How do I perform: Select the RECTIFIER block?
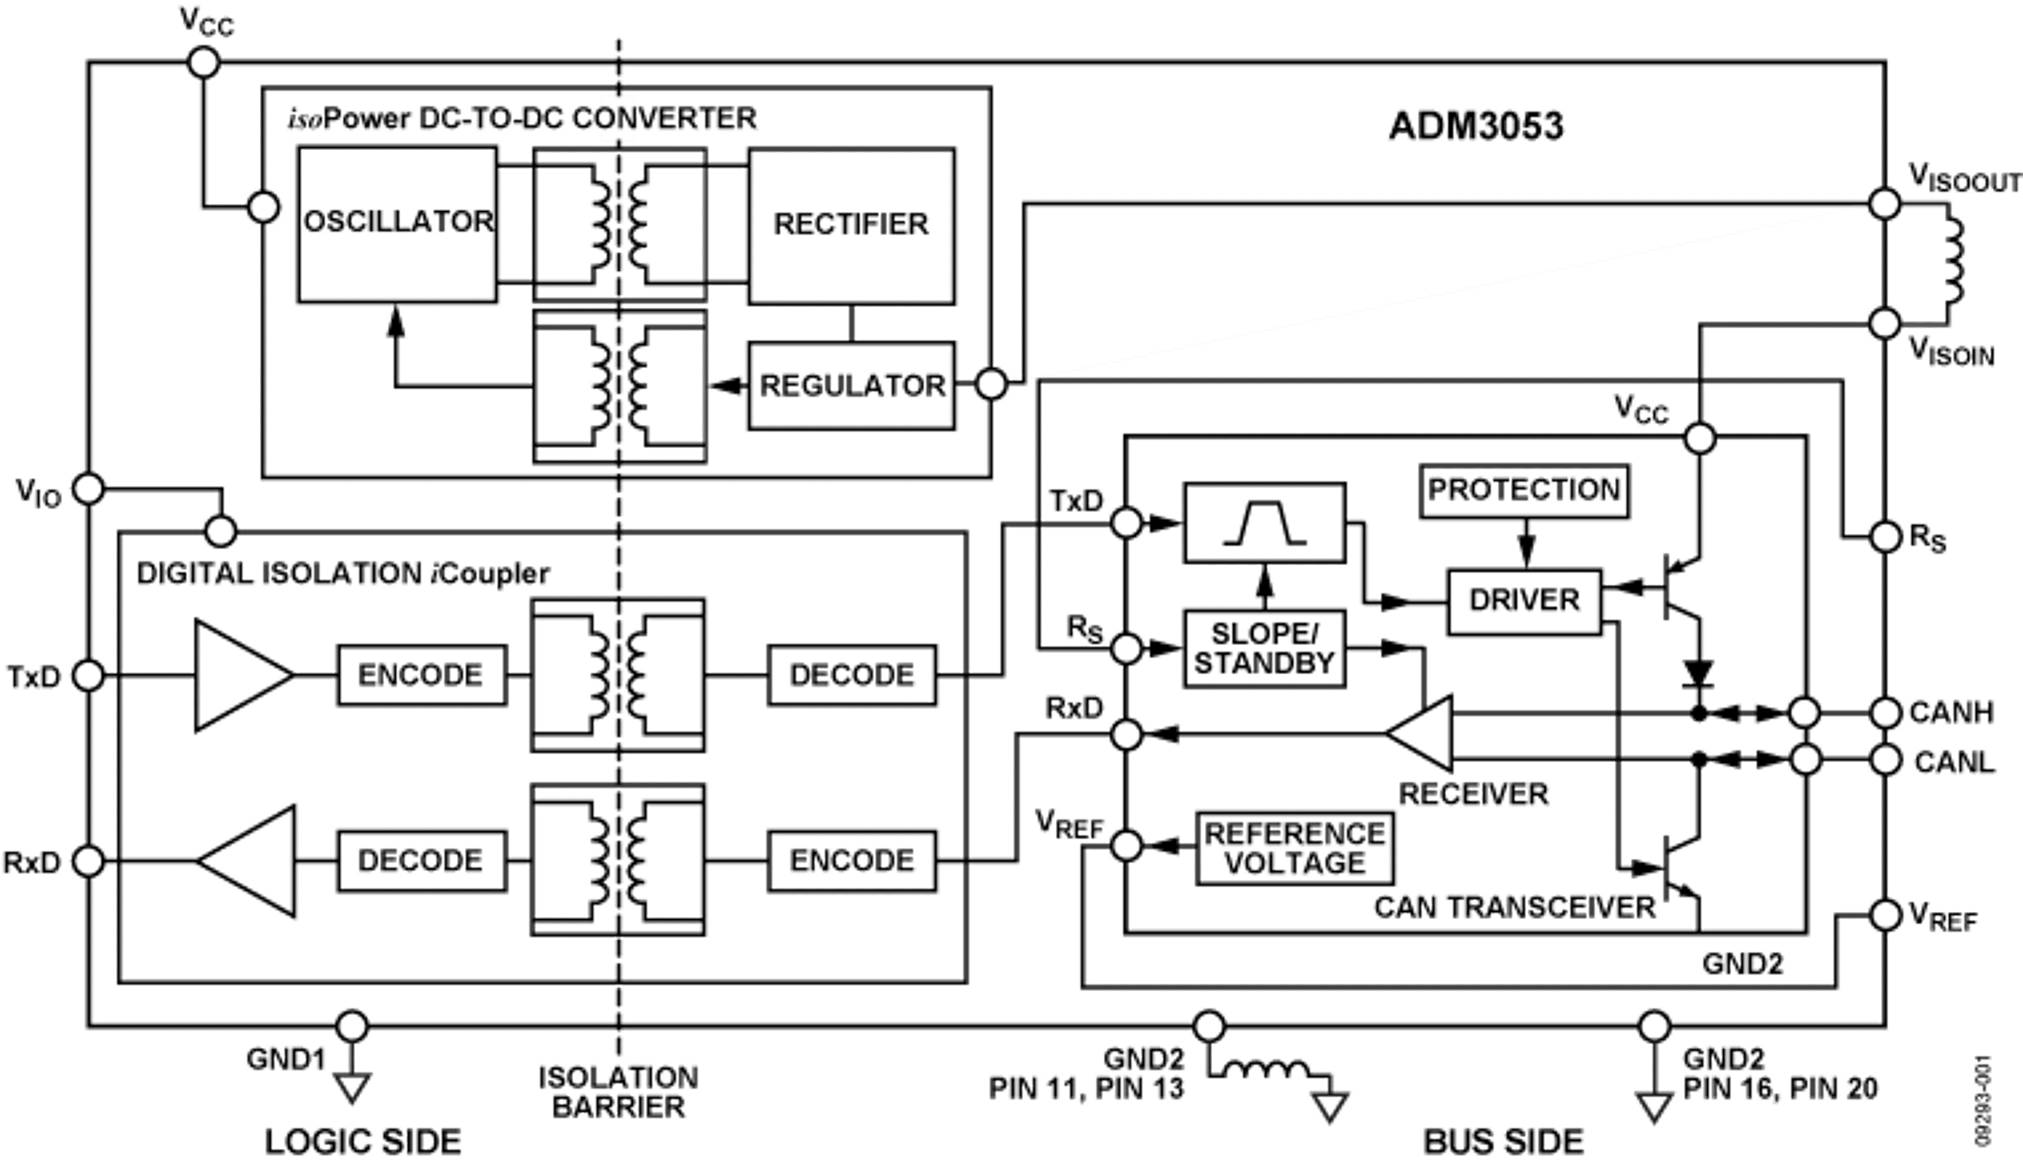pos(852,224)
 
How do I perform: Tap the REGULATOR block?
pos(852,385)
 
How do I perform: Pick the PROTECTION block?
pos(1524,489)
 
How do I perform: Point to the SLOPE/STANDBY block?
pos(1264,648)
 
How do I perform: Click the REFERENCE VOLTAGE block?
pos(1294,848)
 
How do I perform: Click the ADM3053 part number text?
pos(1476,127)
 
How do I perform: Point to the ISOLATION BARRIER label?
pos(618,1091)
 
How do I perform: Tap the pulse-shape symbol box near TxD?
pos(1264,523)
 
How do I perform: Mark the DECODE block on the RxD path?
pos(420,861)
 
